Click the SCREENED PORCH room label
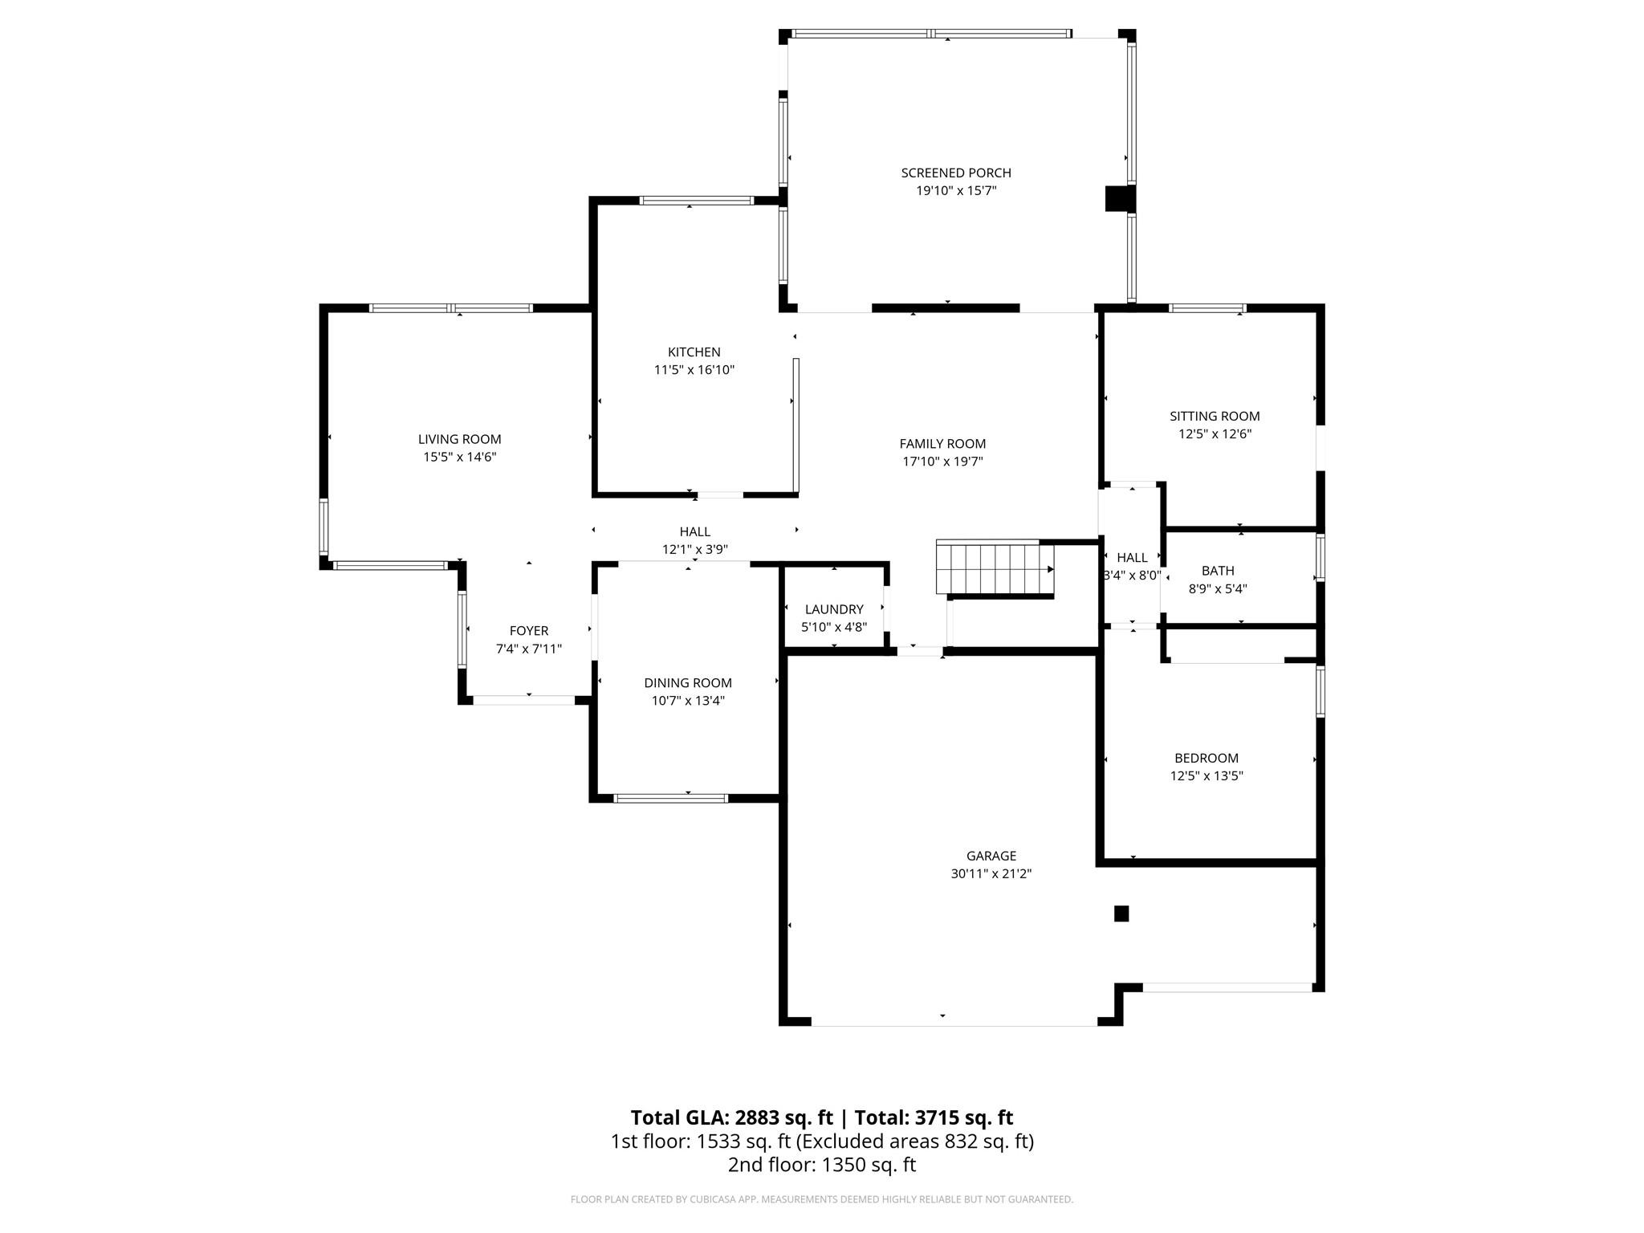[955, 173]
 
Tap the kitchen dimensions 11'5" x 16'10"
[694, 370]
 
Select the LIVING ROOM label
[459, 439]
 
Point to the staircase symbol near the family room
[994, 568]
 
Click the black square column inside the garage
[1121, 914]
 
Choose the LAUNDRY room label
[834, 609]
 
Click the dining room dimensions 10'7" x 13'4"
[687, 701]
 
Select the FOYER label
[528, 631]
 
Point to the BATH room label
[1217, 571]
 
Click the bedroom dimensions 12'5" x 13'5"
[1206, 776]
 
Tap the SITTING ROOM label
[1214, 416]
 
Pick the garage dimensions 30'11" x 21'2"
[991, 874]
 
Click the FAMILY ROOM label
[942, 444]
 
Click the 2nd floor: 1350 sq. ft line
[821, 1165]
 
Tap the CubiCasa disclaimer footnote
[821, 1199]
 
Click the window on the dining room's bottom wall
[670, 798]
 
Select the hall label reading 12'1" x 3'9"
[694, 550]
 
